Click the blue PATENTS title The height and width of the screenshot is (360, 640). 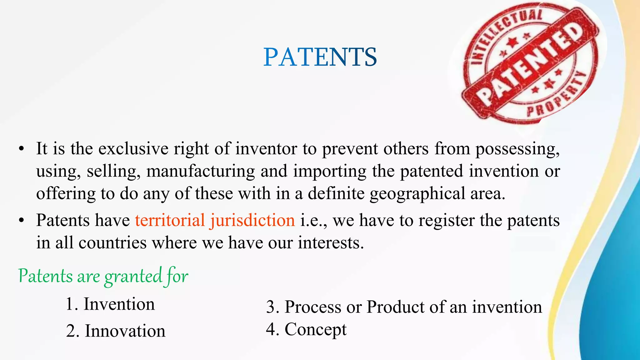320,57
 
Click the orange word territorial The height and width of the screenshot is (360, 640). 170,220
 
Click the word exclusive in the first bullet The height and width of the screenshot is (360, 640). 133,148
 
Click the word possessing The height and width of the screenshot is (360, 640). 517,149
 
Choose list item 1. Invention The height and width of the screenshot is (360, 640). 110,304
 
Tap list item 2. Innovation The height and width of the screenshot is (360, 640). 116,331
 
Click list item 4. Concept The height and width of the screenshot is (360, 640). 306,329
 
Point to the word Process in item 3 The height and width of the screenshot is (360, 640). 313,307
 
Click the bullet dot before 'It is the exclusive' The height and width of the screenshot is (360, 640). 21,149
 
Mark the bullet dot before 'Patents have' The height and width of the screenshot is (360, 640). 21,221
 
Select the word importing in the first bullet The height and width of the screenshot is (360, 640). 330,172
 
